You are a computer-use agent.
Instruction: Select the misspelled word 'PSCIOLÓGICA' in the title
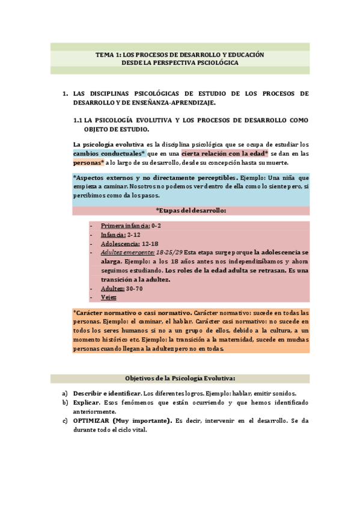click(213, 63)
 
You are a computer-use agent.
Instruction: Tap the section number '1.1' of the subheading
click(78, 120)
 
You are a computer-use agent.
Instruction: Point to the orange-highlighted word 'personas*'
click(89, 162)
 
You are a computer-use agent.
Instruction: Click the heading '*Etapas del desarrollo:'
click(191, 210)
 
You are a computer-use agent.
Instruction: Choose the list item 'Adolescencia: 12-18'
click(129, 244)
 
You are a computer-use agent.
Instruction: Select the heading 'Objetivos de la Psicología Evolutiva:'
click(180, 378)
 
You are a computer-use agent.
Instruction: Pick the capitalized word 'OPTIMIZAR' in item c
click(91, 420)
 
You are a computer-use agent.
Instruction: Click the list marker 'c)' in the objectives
click(65, 420)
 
